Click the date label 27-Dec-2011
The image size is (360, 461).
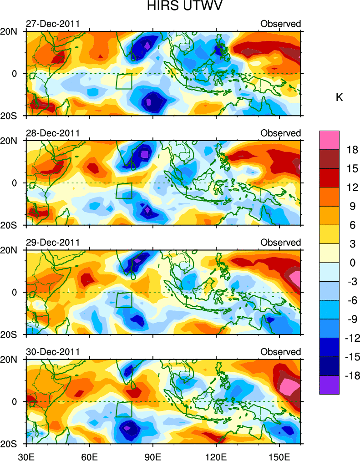tap(53, 24)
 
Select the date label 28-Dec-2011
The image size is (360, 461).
tap(53, 133)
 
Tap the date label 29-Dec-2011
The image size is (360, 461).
tap(53, 243)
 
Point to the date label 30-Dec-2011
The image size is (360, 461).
tap(53, 352)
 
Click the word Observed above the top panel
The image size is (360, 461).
tap(281, 24)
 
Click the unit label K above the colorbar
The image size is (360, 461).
tap(339, 97)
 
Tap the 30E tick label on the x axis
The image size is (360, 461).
tap(26, 455)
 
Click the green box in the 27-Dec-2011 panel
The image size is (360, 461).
tap(124, 81)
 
